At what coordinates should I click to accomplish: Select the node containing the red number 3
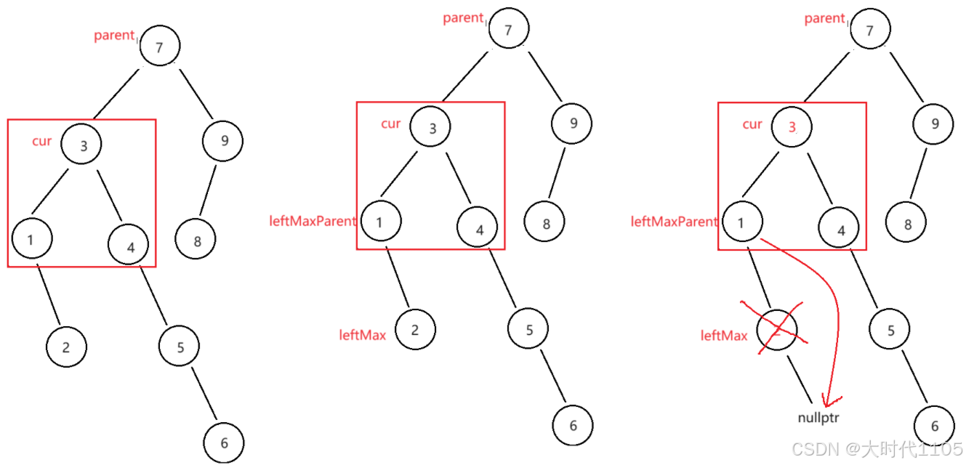(792, 126)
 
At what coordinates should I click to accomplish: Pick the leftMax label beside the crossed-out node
(724, 336)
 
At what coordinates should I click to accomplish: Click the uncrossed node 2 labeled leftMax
(414, 330)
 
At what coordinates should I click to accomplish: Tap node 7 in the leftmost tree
(159, 46)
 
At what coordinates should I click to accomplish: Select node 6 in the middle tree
(573, 426)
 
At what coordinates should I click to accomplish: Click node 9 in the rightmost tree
(935, 123)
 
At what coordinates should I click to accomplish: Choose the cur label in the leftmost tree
(42, 141)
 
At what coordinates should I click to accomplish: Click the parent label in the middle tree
(463, 18)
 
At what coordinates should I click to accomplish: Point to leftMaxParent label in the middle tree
(313, 221)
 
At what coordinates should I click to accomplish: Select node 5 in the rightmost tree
(890, 331)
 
